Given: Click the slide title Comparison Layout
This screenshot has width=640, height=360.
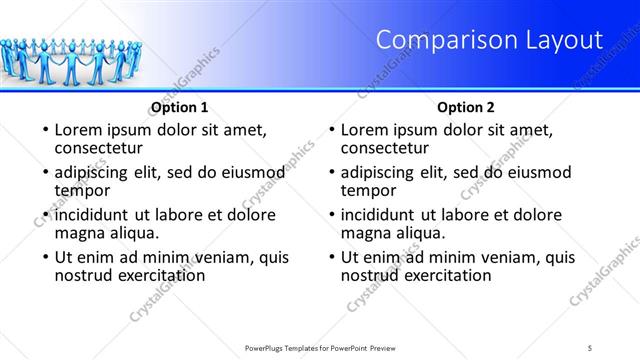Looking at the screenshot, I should click(x=489, y=40).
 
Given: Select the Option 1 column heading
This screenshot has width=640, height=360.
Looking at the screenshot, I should click(x=179, y=107).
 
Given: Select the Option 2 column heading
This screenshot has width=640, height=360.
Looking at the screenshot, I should click(x=466, y=107).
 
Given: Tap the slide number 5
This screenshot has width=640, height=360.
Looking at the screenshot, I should click(x=591, y=347).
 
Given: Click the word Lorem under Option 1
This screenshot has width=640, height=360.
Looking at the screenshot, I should click(x=79, y=130).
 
